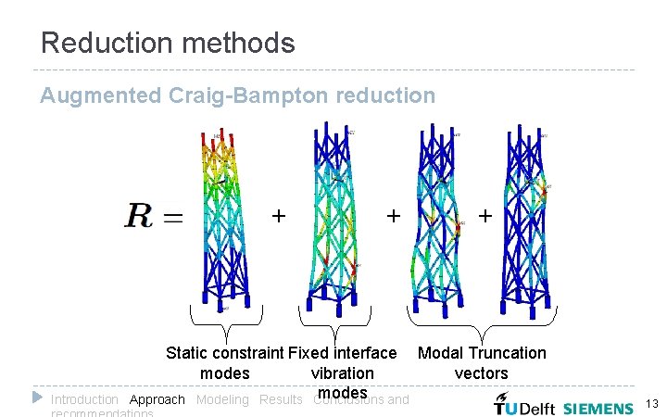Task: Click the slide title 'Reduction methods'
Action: point(168,43)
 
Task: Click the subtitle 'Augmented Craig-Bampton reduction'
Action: point(237,95)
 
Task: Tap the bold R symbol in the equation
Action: point(140,216)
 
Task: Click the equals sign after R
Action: point(172,218)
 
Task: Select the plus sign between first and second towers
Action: point(277,216)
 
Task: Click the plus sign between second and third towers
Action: point(394,216)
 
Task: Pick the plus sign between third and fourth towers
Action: point(484,216)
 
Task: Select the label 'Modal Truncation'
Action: point(482,353)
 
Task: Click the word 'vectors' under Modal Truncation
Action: point(482,373)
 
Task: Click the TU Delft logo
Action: point(522,405)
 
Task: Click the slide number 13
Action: point(651,404)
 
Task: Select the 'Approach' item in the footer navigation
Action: point(157,400)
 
